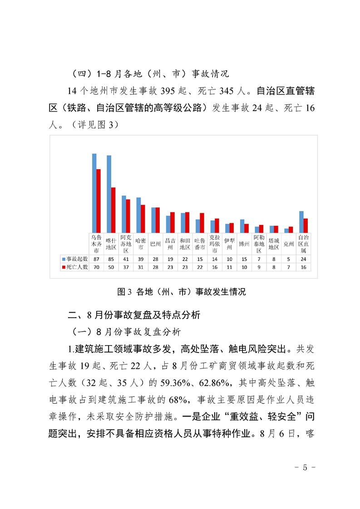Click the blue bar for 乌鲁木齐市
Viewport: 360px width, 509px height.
click(94, 193)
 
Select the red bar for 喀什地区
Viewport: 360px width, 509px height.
click(113, 210)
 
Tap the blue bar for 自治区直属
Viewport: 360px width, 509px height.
click(301, 221)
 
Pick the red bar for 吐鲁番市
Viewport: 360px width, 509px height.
click(202, 222)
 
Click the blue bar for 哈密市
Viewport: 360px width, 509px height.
click(138, 215)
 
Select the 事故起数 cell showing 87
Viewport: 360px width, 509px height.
click(96, 259)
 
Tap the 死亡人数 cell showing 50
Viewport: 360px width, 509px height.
click(111, 267)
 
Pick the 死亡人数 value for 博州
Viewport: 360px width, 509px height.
click(244, 267)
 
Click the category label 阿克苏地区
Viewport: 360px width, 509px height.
click(126, 243)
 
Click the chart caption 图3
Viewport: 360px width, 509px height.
click(124, 292)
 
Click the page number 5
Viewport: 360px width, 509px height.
click(305, 468)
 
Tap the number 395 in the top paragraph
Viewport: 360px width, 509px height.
click(169, 91)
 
